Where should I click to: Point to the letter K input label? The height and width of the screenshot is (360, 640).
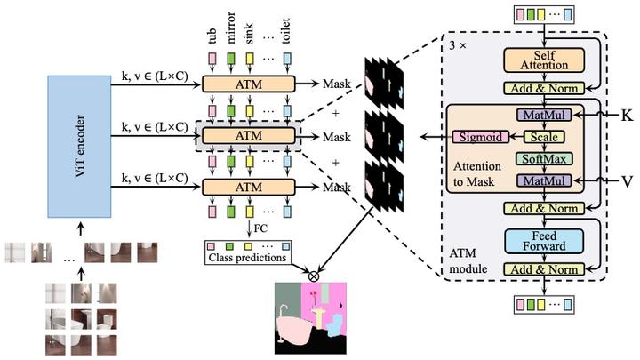(x=627, y=116)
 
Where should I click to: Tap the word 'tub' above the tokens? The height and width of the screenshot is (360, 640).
(x=211, y=36)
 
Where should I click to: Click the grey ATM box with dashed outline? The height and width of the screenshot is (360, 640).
(x=249, y=135)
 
